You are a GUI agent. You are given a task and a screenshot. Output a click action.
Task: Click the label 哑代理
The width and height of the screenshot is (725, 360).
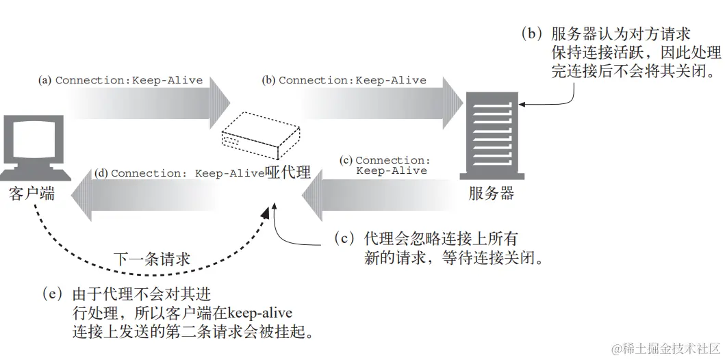point(288,173)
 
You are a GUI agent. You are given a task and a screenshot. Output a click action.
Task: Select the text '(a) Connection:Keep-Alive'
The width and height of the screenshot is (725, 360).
point(120,80)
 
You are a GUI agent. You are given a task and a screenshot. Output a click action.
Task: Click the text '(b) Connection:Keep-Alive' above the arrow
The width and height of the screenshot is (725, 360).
point(344,80)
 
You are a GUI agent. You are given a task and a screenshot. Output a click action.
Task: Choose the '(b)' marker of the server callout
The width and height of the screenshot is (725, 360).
point(531,33)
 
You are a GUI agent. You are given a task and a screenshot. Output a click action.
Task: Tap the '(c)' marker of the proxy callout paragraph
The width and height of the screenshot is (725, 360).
point(345,238)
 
